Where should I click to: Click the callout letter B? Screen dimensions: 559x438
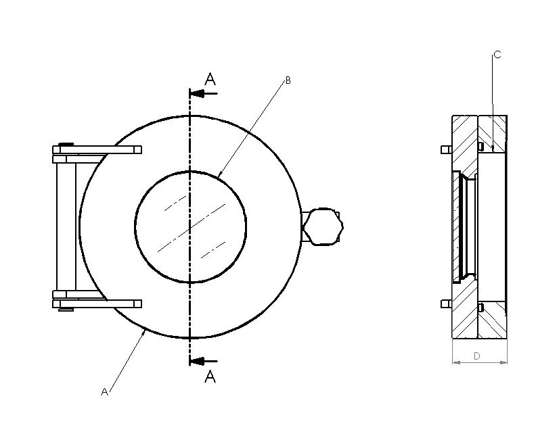coord(288,81)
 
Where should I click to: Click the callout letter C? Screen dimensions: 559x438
coord(497,55)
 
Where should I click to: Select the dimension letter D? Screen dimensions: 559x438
coord(477,356)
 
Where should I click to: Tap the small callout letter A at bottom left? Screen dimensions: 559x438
coord(104,392)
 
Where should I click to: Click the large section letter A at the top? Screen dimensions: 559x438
coord(210,79)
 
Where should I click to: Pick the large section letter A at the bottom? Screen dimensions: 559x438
coord(210,376)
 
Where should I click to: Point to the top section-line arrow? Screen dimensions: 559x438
coord(204,94)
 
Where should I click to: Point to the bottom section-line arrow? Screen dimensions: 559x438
coord(204,361)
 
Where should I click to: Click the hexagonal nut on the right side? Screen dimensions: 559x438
coord(323,226)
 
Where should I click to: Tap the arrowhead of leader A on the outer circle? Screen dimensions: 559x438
coord(143,333)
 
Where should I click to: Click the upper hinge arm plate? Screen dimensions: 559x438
coord(97,149)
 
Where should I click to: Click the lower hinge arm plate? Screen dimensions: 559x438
coord(97,303)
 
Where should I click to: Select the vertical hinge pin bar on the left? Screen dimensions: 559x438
coord(66,227)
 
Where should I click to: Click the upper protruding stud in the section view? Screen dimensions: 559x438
coord(447,149)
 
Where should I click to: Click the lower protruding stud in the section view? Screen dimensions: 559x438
coord(447,303)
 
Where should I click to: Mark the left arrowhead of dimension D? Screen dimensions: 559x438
coord(456,362)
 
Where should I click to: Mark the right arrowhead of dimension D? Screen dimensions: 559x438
coord(503,362)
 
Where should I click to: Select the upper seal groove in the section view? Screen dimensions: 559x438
coord(480,146)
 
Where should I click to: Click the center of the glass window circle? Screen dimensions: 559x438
coord(190,227)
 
